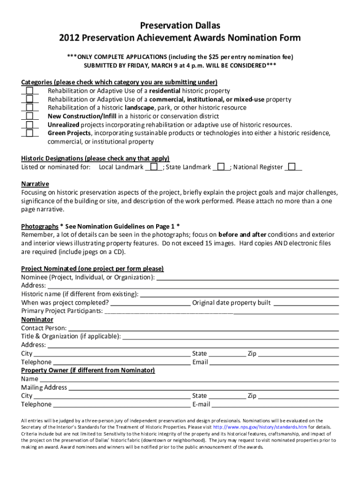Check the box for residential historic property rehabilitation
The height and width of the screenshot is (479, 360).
pos(29,90)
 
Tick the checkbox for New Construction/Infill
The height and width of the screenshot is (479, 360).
pos(29,116)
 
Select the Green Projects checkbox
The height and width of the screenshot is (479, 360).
pos(29,133)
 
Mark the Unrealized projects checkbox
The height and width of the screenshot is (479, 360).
pos(29,124)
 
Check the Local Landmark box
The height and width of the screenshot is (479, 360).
pos(154,167)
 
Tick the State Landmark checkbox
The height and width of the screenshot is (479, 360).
pos(222,167)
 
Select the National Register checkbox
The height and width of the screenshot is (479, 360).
pos(292,167)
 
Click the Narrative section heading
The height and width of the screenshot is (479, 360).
pos(35,184)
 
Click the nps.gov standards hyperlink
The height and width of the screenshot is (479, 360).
pos(260,427)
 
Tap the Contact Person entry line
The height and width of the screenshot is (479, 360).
pos(203,328)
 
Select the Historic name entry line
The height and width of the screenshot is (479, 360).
pos(239,294)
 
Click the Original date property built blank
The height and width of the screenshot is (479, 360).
pos(306,303)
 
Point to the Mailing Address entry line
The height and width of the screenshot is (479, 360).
pos(203,387)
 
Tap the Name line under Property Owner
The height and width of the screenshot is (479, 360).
pos(189,379)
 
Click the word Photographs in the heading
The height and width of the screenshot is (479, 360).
pos(40,226)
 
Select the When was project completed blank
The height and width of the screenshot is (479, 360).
pos(151,303)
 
